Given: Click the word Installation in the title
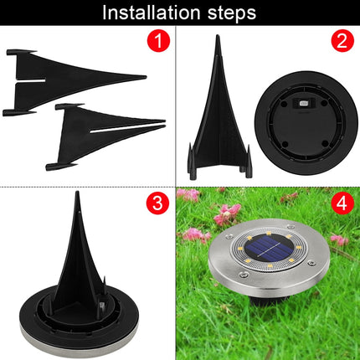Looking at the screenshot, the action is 152,13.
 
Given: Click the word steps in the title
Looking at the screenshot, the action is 232,13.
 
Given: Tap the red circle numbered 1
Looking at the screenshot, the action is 158,40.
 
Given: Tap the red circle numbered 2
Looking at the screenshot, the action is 342,40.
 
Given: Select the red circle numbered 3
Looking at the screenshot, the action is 158,203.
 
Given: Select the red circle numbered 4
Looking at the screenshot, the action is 342,203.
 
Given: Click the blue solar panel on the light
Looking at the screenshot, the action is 270,248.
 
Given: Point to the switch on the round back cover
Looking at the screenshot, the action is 302,103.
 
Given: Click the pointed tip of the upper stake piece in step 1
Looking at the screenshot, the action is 146,77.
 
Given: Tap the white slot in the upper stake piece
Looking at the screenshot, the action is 31,80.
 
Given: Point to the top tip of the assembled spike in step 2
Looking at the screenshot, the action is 218,36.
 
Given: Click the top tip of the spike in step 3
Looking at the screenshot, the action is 77,192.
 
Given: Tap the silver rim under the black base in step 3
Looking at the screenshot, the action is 78,342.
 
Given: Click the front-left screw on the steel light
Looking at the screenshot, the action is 244,275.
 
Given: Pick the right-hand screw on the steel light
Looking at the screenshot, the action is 311,263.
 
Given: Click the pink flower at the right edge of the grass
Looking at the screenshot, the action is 340,239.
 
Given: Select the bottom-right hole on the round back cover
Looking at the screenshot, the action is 325,144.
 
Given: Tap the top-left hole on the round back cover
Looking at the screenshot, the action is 284,104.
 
